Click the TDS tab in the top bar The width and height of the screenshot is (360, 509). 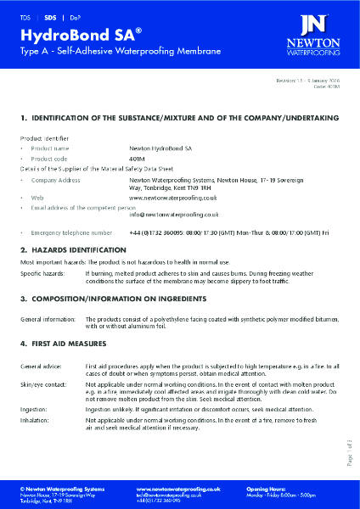(x=24, y=17)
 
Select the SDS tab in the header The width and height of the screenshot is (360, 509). (x=49, y=17)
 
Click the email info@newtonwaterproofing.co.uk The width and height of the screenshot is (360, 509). (x=174, y=215)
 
